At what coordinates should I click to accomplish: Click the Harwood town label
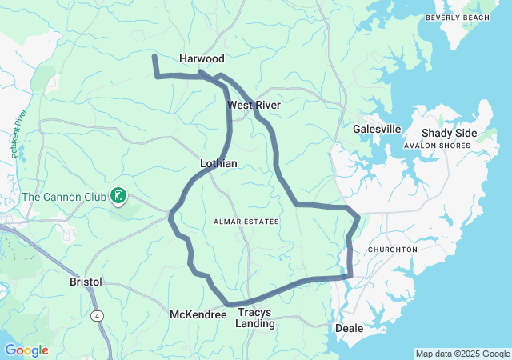[202, 58]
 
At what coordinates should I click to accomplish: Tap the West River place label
[254, 105]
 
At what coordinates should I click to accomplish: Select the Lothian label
[218, 163]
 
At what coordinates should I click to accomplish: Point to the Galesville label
[377, 129]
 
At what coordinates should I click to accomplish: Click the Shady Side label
[450, 133]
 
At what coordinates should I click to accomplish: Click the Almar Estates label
[246, 221]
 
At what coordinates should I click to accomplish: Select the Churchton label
[392, 250]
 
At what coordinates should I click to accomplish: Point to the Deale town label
[349, 328]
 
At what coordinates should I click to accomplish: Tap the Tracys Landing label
[255, 318]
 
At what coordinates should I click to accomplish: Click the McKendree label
[198, 314]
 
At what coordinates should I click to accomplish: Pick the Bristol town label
[86, 282]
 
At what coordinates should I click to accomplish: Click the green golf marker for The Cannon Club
[118, 195]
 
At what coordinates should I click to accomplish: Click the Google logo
[26, 350]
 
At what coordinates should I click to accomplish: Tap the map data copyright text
[462, 354]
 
